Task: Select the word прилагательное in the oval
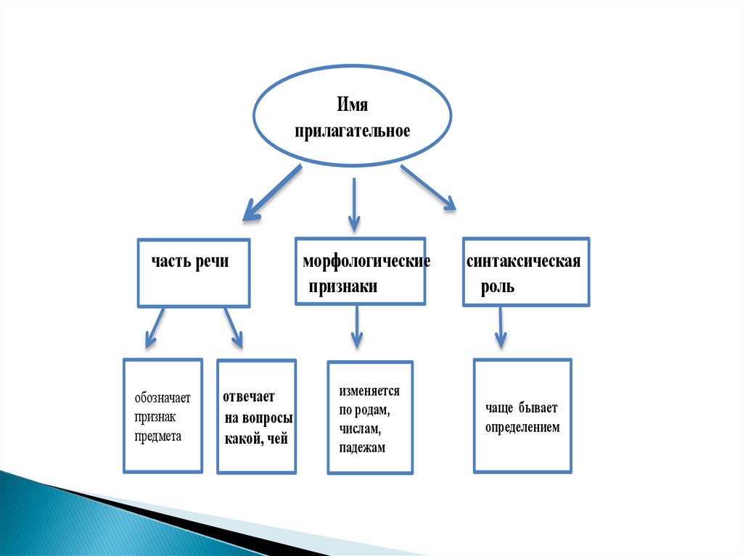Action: (x=352, y=131)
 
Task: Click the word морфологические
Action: (x=366, y=261)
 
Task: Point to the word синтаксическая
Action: (x=524, y=261)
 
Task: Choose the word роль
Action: (x=498, y=286)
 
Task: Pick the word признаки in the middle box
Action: (x=343, y=286)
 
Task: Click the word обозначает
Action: (x=162, y=399)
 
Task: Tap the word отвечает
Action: (x=249, y=397)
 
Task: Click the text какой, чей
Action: (x=257, y=440)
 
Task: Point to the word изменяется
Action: (x=369, y=391)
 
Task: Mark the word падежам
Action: (x=361, y=448)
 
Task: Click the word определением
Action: (x=522, y=427)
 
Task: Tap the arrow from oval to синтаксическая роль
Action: (x=428, y=188)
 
